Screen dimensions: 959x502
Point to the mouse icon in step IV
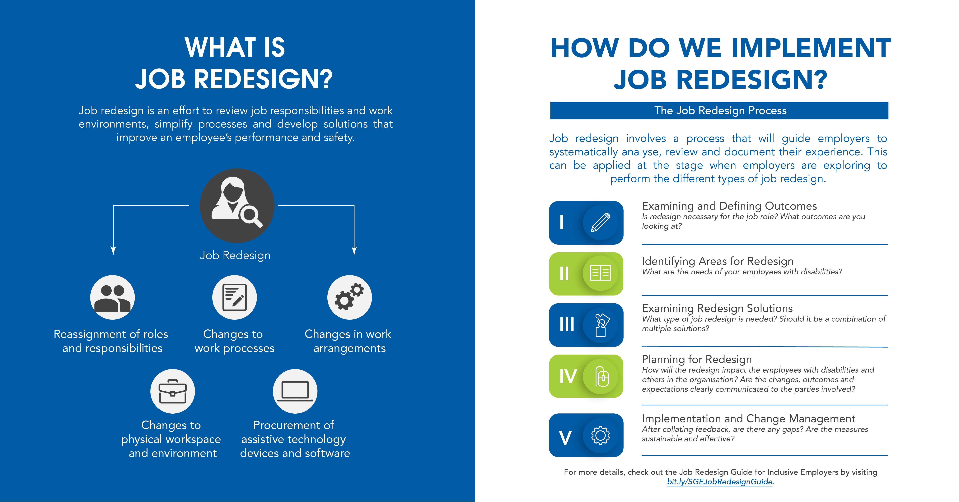pos(602,376)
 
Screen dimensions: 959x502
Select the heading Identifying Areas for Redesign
pos(717,261)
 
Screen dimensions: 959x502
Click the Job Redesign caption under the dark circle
pos(235,255)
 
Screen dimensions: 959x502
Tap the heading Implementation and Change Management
pos(748,419)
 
